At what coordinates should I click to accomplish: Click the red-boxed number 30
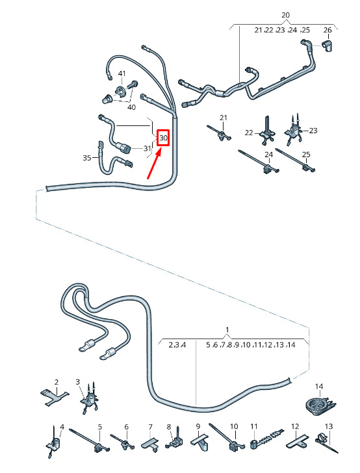pos(163,138)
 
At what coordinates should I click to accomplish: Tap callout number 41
pos(122,73)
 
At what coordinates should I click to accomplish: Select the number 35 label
pos(87,157)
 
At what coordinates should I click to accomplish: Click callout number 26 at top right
pos(328,30)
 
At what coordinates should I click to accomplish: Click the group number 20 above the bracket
pos(285,15)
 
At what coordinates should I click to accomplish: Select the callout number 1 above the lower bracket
pos(227,329)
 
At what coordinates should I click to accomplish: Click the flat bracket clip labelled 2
pos(55,397)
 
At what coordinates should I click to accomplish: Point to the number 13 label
pos(329,426)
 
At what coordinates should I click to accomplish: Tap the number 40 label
pos(131,107)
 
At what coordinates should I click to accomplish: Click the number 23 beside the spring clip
pos(313,131)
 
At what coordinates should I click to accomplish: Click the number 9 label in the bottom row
pos(198,426)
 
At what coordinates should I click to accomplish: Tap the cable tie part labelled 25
pos(296,160)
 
